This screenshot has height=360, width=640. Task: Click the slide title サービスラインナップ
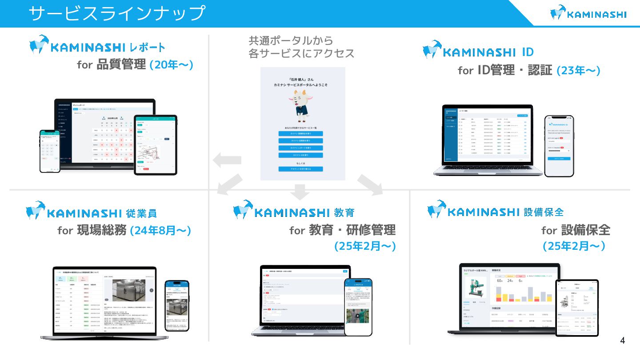[117, 13]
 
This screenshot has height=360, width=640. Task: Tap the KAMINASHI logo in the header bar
[588, 13]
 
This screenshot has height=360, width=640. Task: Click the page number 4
[622, 341]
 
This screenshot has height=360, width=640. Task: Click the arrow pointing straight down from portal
[301, 191]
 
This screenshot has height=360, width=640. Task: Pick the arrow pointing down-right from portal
[370, 184]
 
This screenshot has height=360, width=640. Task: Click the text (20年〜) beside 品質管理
[171, 64]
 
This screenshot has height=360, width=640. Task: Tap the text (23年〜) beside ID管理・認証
[578, 70]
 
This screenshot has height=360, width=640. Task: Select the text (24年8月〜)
[160, 230]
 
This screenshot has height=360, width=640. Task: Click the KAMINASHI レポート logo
[97, 46]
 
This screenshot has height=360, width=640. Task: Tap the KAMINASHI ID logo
[478, 51]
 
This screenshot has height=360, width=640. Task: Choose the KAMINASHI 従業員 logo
[92, 212]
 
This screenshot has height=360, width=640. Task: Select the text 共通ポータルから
[291, 41]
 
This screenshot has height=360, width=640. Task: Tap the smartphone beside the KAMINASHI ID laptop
[559, 146]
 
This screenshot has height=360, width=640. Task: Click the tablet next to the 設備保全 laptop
[576, 308]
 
